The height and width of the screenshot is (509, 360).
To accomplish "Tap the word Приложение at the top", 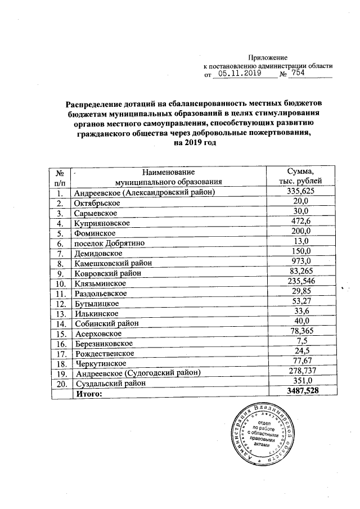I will click(x=268, y=57).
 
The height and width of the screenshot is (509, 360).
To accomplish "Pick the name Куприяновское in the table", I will click(x=102, y=223).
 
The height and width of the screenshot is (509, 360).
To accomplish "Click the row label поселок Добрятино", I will click(x=109, y=243).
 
